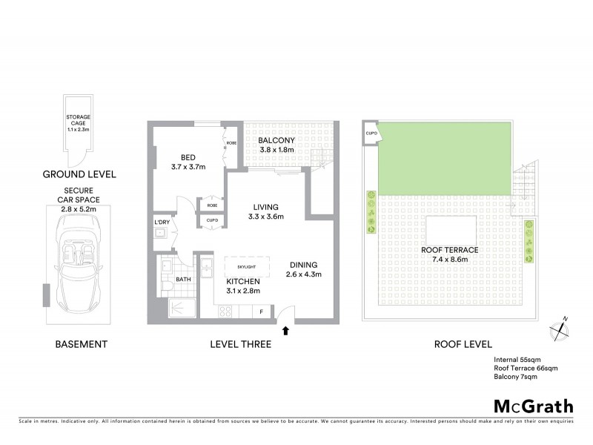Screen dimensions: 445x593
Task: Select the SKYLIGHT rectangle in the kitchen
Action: pyautogui.click(x=245, y=266)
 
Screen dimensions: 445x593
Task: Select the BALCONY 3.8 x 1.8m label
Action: pyautogui.click(x=277, y=145)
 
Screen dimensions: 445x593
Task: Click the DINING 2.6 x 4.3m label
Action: pyautogui.click(x=303, y=268)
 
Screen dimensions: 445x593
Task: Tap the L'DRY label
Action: pyautogui.click(x=161, y=222)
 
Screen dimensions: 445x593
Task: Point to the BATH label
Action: pyautogui.click(x=185, y=280)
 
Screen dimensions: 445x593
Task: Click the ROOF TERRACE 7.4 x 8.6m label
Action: pyautogui.click(x=449, y=255)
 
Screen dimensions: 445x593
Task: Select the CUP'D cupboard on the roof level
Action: pyautogui.click(x=371, y=133)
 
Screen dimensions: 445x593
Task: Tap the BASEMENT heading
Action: pyautogui.click(x=82, y=344)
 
